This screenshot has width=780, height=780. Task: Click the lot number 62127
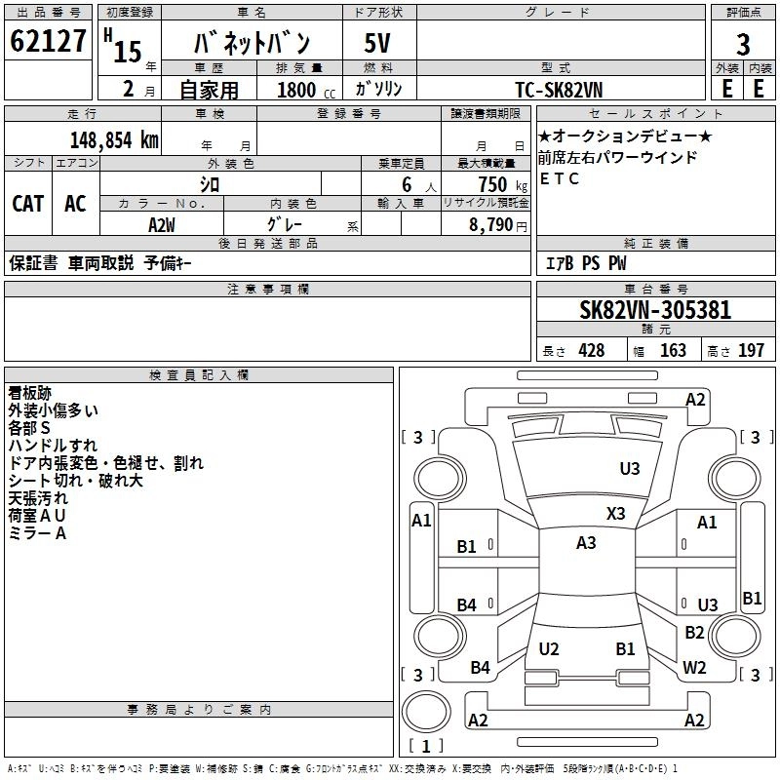[x=48, y=41]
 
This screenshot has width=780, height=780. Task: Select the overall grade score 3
[x=743, y=45]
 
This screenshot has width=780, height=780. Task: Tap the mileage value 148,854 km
[x=114, y=140]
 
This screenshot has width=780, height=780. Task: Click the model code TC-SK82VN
[x=559, y=90]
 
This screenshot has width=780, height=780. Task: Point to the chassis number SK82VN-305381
[x=655, y=310]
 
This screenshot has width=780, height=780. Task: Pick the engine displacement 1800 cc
[x=306, y=90]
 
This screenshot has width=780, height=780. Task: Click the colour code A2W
[x=162, y=225]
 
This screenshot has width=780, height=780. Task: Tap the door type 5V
[x=377, y=43]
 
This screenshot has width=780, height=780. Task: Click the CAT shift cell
[x=28, y=204]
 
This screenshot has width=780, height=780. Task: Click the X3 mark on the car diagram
[x=615, y=514]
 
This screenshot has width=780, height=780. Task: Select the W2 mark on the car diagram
[x=694, y=667]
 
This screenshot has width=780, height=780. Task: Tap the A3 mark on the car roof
[x=586, y=543]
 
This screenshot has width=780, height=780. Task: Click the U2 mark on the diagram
[x=549, y=648]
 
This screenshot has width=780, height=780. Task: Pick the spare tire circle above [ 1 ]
[x=426, y=712]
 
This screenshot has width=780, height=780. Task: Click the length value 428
[x=592, y=350]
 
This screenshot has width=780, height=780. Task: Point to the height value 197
[x=751, y=350]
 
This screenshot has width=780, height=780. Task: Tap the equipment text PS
[x=591, y=262]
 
